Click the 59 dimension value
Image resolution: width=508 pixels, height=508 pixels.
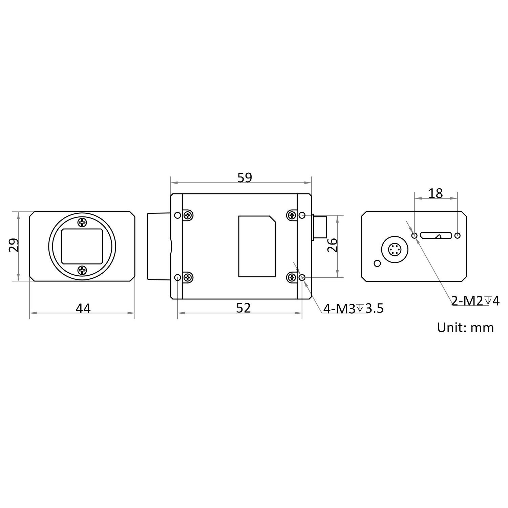(245, 177)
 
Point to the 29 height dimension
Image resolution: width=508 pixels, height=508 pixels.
(14, 246)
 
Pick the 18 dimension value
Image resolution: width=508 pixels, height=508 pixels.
(436, 193)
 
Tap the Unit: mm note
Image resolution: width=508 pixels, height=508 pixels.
(465, 327)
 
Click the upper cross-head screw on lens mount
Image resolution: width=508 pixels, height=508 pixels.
(82, 223)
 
